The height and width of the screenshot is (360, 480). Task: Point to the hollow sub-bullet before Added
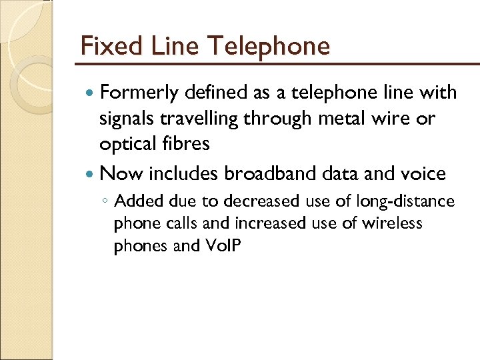point(107,201)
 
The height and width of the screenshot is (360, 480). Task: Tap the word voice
point(422,173)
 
